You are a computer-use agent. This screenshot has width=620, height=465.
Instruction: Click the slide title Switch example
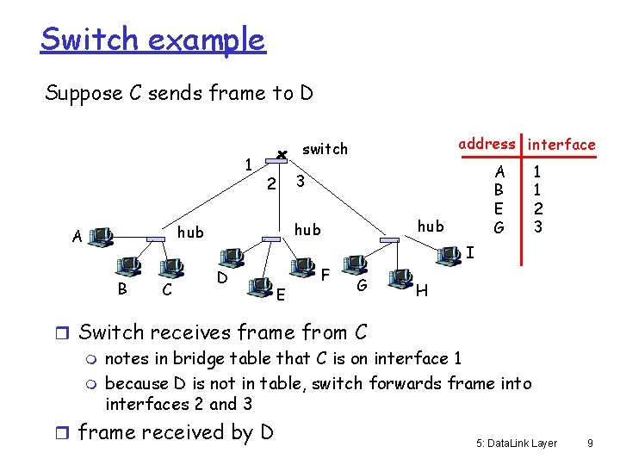(x=152, y=40)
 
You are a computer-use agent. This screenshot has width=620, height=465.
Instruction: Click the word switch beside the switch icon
(x=325, y=149)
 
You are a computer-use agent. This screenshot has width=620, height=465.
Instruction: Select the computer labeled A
(x=102, y=235)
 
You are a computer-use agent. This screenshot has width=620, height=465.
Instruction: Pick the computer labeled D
(x=230, y=257)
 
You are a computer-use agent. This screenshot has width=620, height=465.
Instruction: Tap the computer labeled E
(x=259, y=284)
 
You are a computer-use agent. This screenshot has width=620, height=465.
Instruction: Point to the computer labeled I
(x=448, y=254)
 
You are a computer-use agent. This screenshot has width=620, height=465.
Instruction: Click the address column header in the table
(x=487, y=144)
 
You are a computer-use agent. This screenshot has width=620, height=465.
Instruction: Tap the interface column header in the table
(x=561, y=145)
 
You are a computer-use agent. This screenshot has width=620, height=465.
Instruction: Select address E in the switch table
(x=498, y=208)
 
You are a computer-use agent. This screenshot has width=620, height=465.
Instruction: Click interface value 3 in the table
(x=537, y=227)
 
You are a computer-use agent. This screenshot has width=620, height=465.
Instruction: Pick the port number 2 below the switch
(x=270, y=183)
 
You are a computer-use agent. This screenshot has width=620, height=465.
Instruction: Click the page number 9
(x=589, y=443)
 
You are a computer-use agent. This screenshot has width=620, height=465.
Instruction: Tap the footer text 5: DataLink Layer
(x=516, y=443)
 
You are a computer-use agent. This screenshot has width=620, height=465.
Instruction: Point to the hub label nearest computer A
(x=190, y=232)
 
